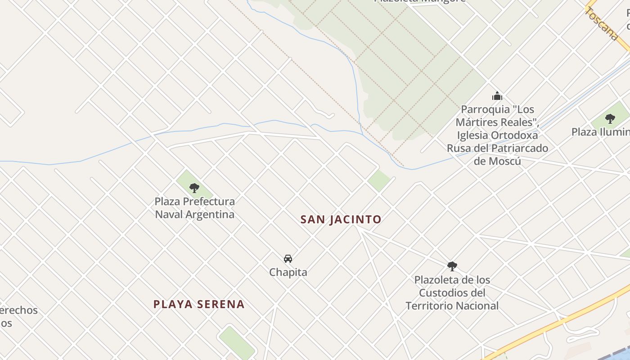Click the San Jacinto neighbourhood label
[341, 220]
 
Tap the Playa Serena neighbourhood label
[199, 304]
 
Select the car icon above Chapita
[288, 259]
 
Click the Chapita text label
[288, 272]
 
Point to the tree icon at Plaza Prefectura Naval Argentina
[194, 188]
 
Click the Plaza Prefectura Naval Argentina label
[194, 208]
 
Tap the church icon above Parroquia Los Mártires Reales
[497, 96]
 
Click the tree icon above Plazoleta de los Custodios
[452, 266]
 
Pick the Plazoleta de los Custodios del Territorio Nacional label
[452, 293]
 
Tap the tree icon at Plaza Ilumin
[610, 119]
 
